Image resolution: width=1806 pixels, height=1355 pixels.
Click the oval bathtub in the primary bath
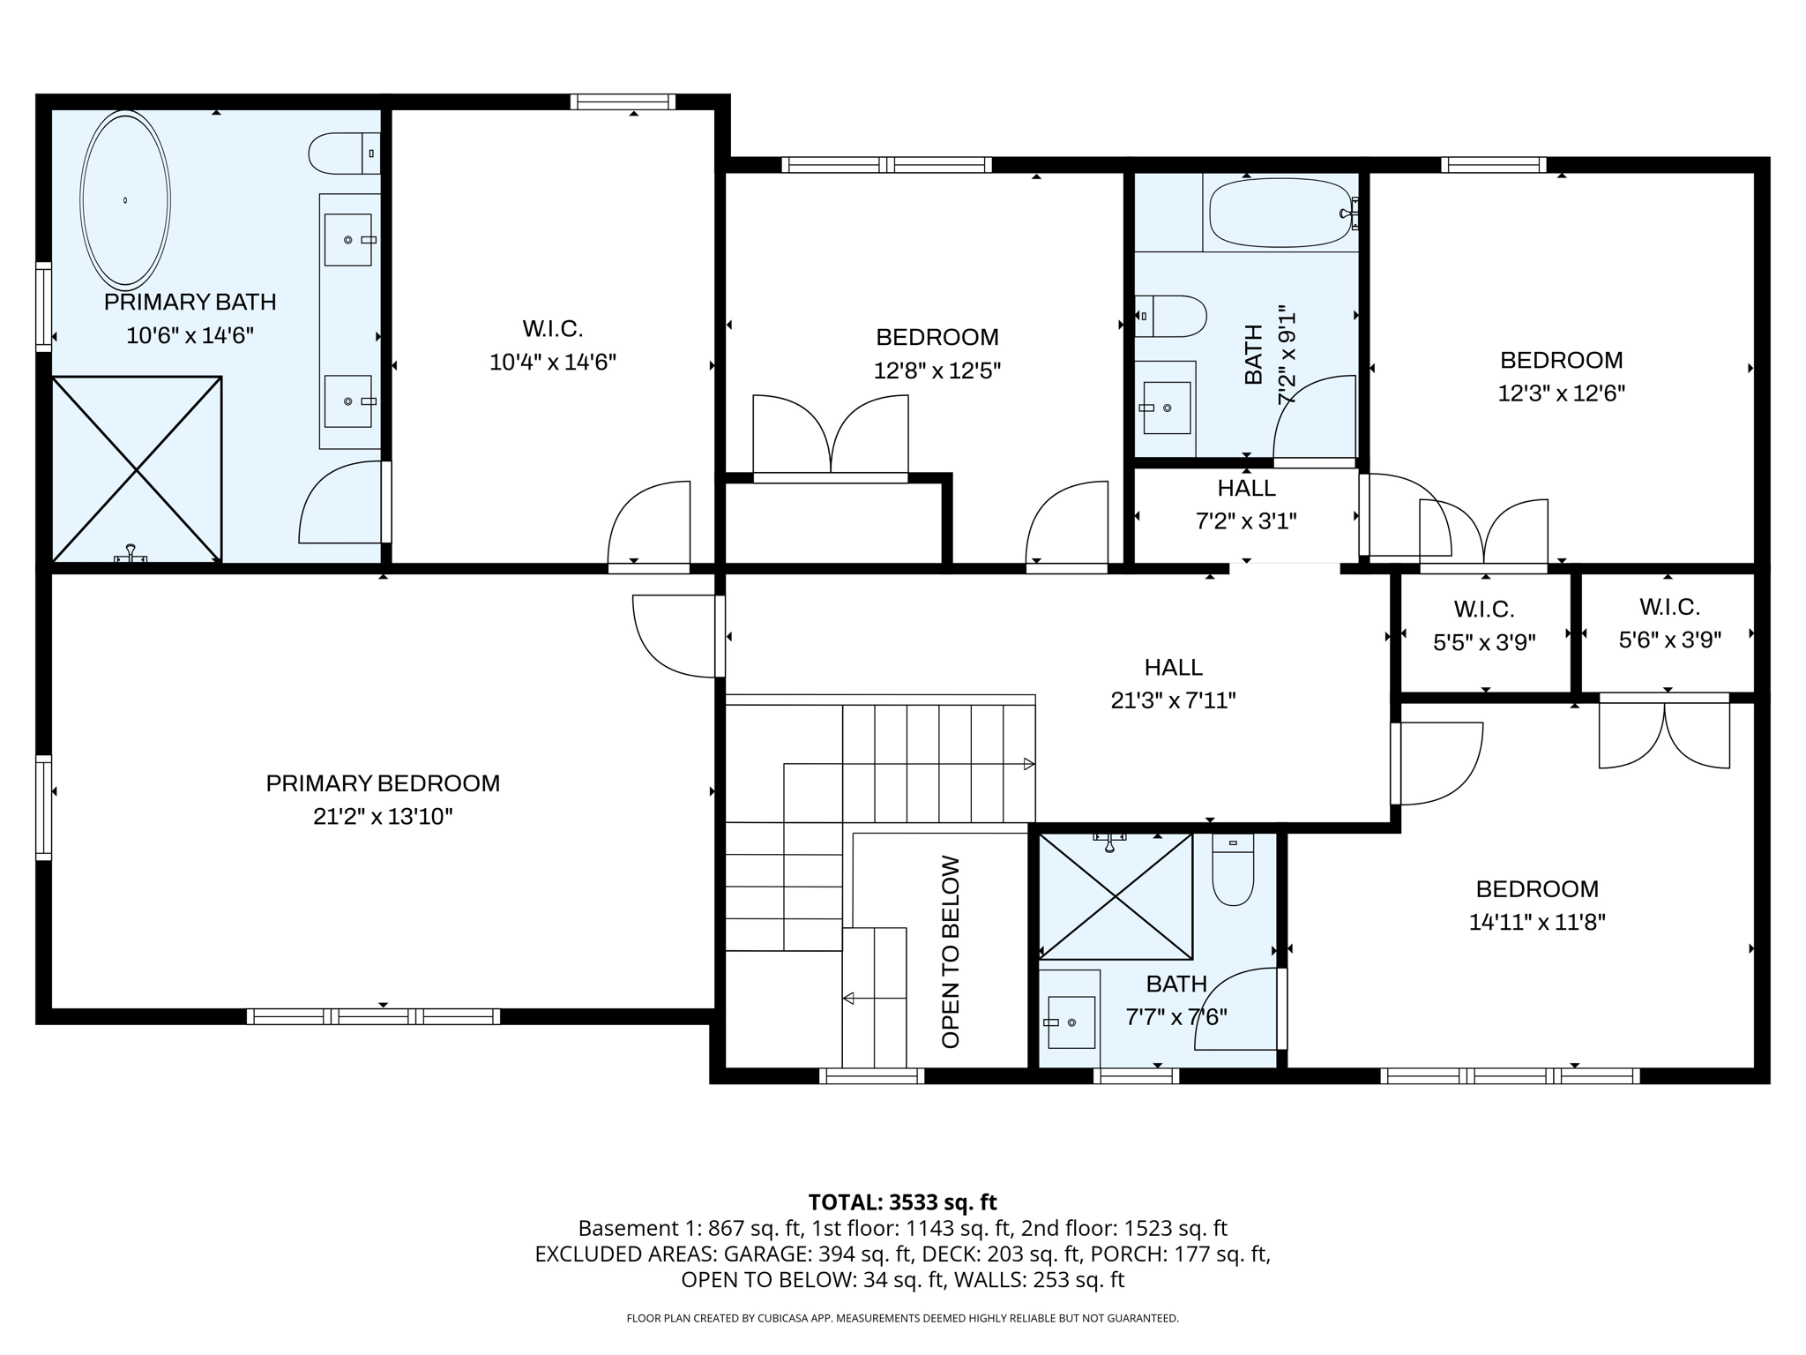click(125, 200)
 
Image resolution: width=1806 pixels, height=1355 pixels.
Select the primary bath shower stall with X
click(137, 469)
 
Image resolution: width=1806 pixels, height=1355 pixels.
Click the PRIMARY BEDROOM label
click(383, 783)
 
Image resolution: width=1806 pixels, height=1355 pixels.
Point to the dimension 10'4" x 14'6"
click(552, 363)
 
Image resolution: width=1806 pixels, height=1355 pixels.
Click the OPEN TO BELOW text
click(950, 952)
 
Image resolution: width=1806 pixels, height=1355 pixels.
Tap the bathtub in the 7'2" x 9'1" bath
click(1280, 213)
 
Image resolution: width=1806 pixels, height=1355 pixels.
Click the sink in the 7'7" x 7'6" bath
click(1071, 1022)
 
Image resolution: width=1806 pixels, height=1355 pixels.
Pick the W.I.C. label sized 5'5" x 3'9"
click(1484, 609)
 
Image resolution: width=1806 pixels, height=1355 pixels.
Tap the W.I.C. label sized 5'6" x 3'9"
click(1669, 607)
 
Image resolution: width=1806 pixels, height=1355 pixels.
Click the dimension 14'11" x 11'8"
click(1537, 923)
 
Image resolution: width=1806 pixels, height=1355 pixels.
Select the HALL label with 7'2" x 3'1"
click(1246, 488)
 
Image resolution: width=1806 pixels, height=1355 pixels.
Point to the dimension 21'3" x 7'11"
click(1173, 700)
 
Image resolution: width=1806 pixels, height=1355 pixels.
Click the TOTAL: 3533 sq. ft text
click(902, 1202)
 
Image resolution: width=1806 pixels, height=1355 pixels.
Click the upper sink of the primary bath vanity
click(348, 239)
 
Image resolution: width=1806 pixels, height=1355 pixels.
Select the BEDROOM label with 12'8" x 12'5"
click(937, 337)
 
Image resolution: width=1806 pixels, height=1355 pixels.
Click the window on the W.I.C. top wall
click(623, 101)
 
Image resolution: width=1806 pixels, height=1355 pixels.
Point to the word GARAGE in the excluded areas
click(766, 1254)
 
